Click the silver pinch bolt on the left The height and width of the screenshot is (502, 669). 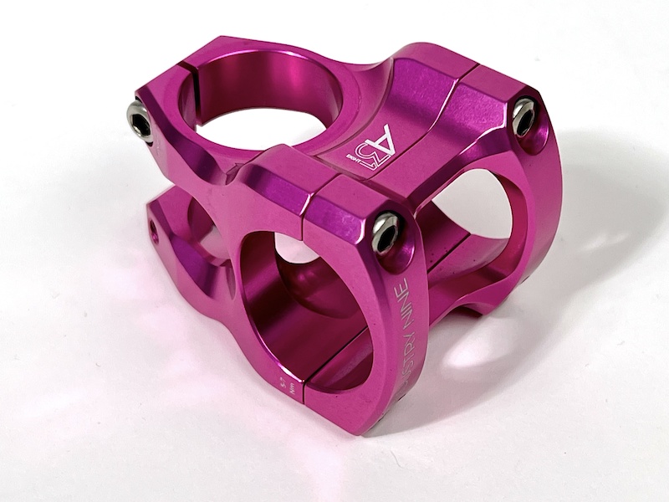(139, 122)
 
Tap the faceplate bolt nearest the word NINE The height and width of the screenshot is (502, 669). (386, 232)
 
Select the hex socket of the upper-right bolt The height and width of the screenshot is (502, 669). (523, 115)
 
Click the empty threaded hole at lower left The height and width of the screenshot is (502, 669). (154, 226)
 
